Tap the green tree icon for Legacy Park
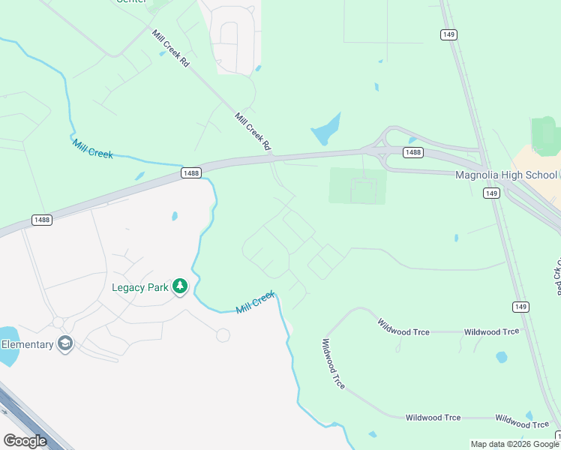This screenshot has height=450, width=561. pyautogui.click(x=180, y=286)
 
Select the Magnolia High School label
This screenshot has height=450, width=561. pyautogui.click(x=506, y=175)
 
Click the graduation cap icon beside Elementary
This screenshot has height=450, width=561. pyautogui.click(x=65, y=344)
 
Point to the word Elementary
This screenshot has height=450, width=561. pyautogui.click(x=27, y=344)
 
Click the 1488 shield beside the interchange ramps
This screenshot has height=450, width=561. pyautogui.click(x=412, y=152)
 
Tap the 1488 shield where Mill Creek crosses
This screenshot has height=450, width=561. pyautogui.click(x=191, y=173)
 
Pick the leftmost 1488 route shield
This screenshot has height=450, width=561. pyautogui.click(x=42, y=220)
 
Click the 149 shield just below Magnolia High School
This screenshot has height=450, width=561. pyautogui.click(x=491, y=193)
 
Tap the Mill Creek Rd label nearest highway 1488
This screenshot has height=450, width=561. pyautogui.click(x=252, y=130)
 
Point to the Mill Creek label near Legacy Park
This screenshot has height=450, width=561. pyautogui.click(x=256, y=304)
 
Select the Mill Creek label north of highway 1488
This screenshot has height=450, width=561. pyautogui.click(x=93, y=148)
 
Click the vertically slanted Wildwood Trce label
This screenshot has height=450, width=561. pyautogui.click(x=333, y=364)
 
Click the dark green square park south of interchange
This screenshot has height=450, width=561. pyautogui.click(x=358, y=186)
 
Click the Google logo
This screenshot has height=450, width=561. pyautogui.click(x=25, y=441)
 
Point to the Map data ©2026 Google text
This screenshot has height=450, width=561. pyautogui.click(x=514, y=444)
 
